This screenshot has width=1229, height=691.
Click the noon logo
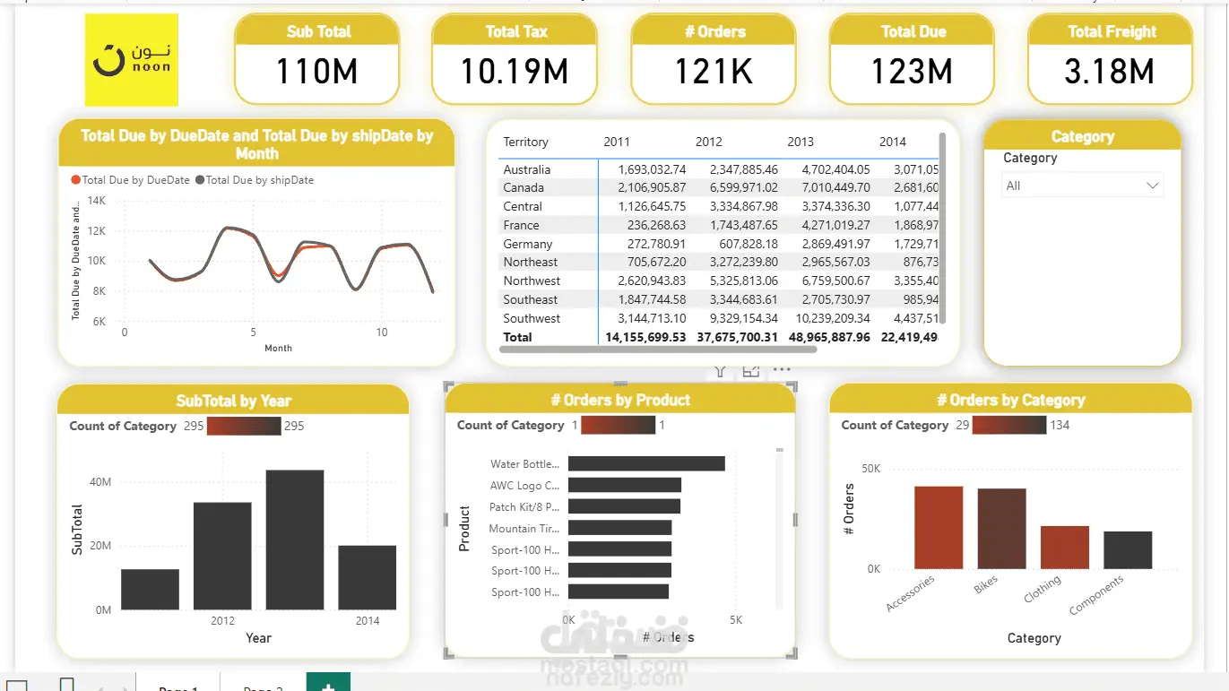[x=132, y=60]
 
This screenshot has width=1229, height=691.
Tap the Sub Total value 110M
[x=316, y=72]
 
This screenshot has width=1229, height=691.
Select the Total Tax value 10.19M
[x=515, y=72]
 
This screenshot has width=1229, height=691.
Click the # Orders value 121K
[x=714, y=72]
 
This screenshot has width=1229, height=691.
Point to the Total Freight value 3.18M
[x=1110, y=72]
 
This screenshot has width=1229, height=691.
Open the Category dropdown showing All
[x=1082, y=186]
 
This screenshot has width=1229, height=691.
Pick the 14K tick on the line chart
[x=97, y=201]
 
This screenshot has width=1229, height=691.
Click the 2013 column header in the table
[x=801, y=142]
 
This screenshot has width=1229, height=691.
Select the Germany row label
[x=528, y=244]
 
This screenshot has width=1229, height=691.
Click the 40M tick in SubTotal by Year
[x=100, y=482]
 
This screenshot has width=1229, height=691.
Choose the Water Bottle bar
[x=645, y=463]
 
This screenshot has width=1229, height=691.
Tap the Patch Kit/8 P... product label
[x=524, y=507]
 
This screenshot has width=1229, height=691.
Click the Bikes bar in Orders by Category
[x=1001, y=528]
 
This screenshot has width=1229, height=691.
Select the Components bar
[x=1127, y=549]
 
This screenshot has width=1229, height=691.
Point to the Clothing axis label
[x=1043, y=589]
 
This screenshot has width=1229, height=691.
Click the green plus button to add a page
[x=328, y=684]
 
